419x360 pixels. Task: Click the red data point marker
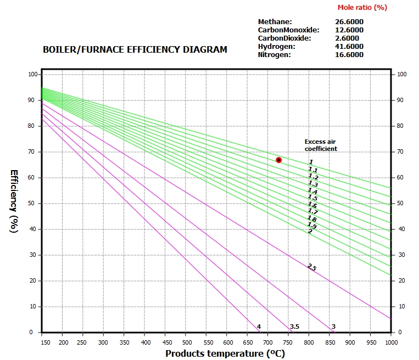279,160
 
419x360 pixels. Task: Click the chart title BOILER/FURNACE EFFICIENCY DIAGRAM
135,49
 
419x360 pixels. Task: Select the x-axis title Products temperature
225,353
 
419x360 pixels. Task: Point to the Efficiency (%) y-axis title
14,201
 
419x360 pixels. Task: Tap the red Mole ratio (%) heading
362,7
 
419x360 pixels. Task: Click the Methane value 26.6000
349,21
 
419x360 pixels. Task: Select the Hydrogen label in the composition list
276,46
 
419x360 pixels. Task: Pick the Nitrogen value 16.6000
349,54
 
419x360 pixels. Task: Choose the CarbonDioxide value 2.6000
347,38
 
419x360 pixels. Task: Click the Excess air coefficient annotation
321,145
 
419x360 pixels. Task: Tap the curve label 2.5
312,267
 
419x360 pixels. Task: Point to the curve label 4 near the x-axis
259,327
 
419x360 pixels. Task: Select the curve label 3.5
294,327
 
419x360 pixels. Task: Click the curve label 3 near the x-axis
333,327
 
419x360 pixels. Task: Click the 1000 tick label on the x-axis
390,342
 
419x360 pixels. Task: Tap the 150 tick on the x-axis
42,342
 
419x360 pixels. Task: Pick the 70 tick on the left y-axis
31,151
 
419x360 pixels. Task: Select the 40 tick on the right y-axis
401,229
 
